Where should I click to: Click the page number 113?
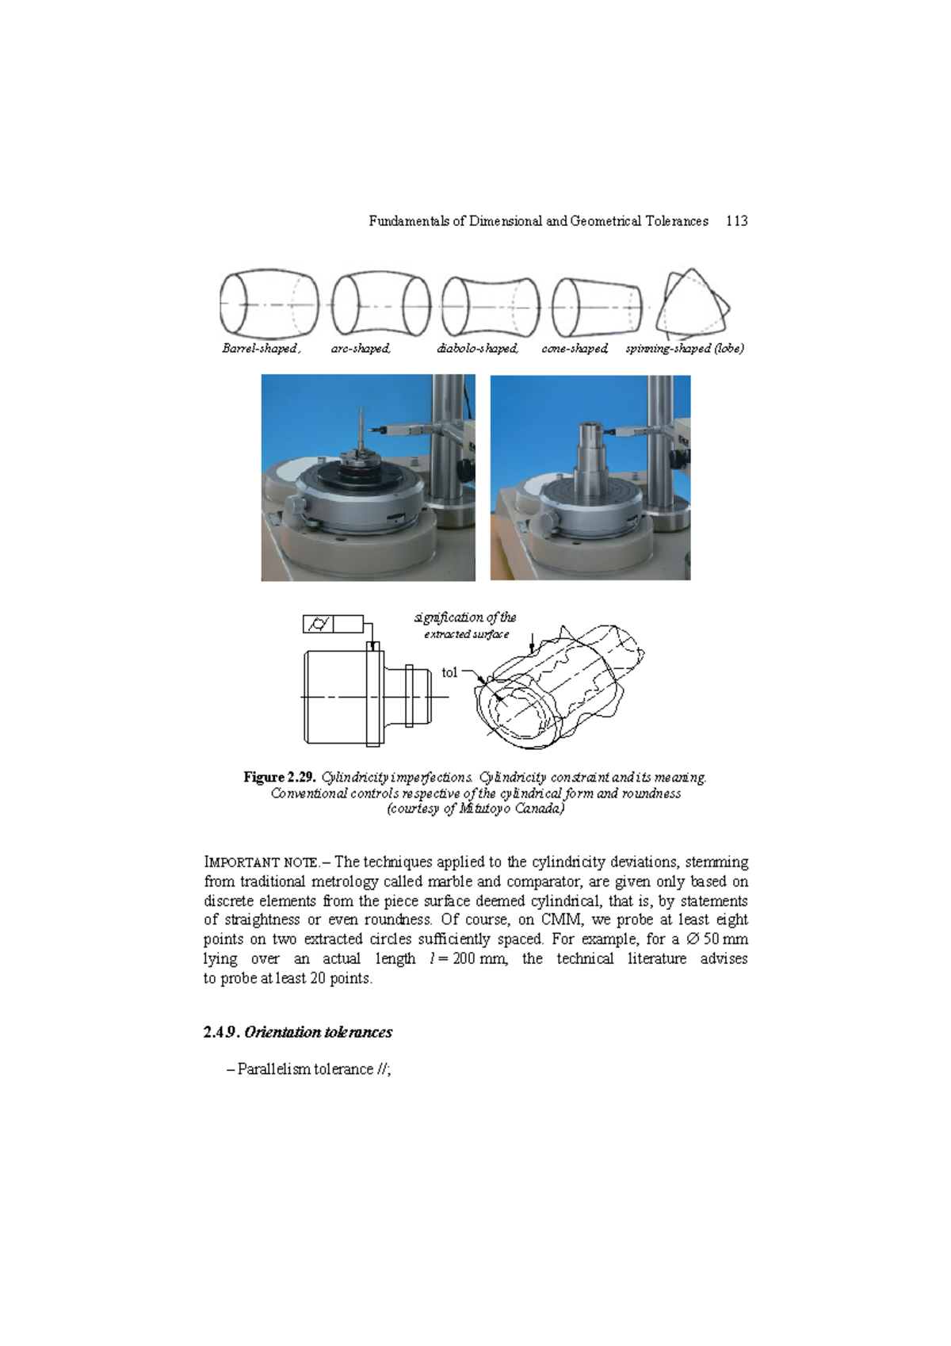(x=736, y=221)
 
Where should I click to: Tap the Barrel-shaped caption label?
(x=260, y=349)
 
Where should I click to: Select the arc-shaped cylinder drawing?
(x=380, y=305)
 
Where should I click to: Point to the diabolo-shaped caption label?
(x=477, y=349)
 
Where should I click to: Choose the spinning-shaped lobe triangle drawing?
(x=691, y=304)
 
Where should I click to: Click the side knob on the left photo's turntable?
(x=295, y=506)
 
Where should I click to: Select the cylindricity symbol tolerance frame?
(x=333, y=624)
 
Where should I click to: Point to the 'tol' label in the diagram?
(x=449, y=672)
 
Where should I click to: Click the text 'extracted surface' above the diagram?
(x=466, y=634)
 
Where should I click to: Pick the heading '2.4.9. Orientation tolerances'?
(x=297, y=1032)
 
